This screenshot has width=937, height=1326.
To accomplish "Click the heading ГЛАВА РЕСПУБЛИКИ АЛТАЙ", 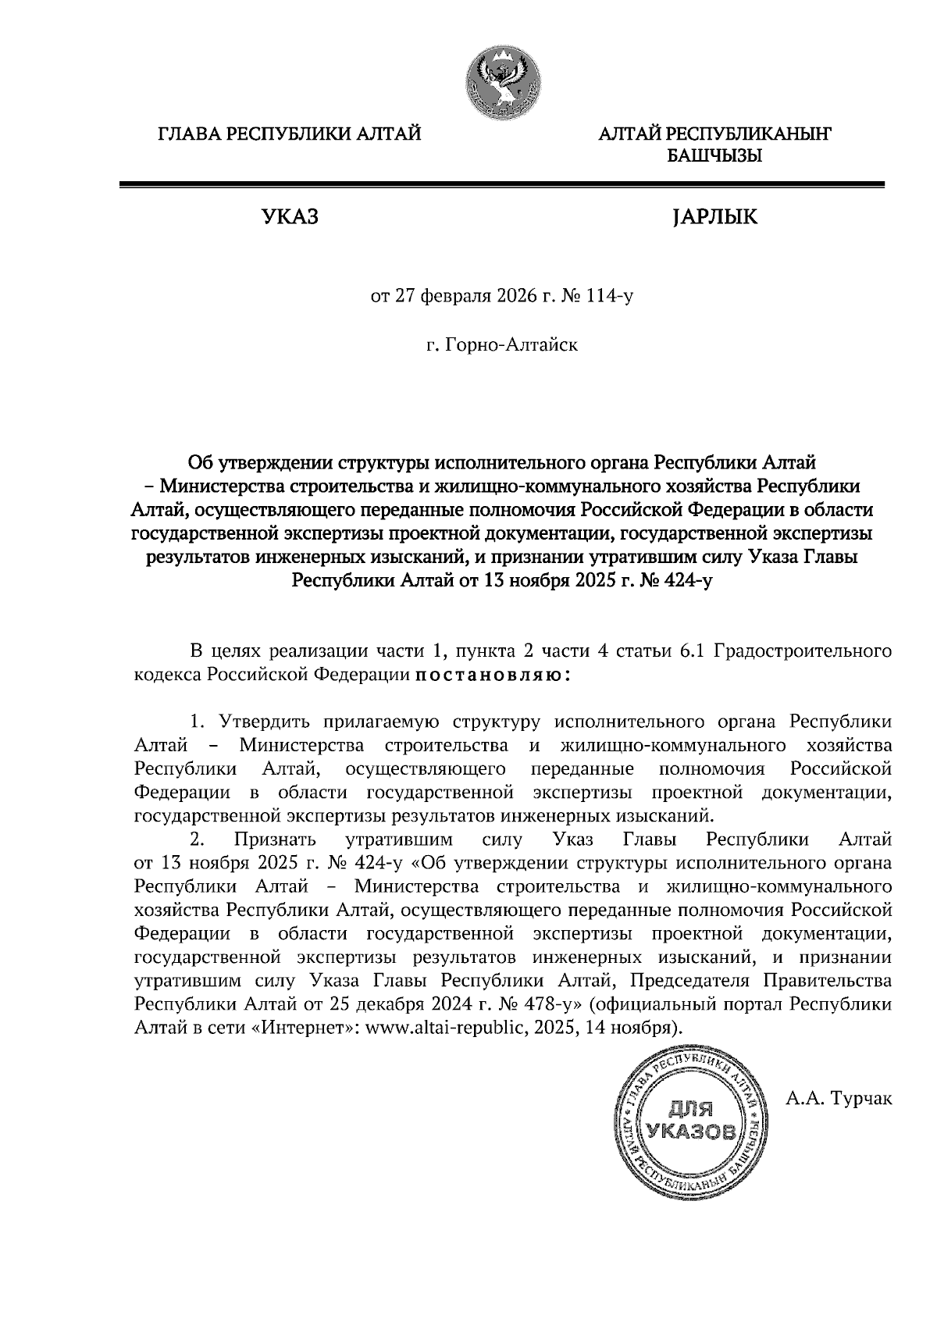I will tap(290, 134).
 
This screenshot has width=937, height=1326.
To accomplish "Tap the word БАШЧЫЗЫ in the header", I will tap(714, 156).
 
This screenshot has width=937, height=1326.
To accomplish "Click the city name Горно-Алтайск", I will tap(511, 344).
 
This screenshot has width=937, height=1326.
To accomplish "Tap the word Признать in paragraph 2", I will tap(273, 840).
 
